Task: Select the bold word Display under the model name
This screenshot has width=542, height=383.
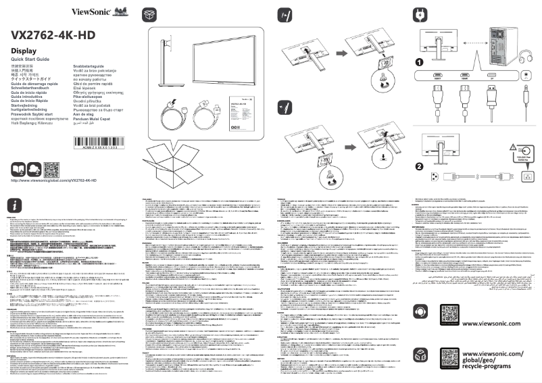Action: [x=24, y=51]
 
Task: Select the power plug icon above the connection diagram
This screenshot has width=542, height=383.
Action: [x=420, y=14]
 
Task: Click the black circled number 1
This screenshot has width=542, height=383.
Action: [x=420, y=62]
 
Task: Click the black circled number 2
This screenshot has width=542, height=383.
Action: [x=420, y=166]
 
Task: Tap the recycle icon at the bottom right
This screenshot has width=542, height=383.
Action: [x=420, y=359]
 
